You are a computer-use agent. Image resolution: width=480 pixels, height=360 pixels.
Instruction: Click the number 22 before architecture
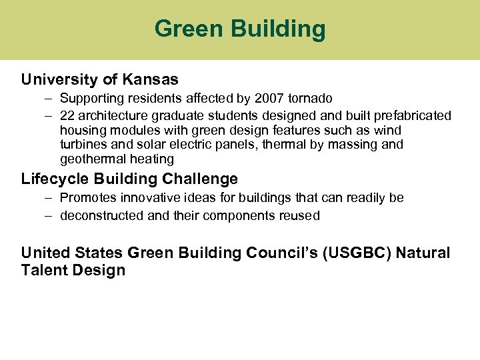[67, 115]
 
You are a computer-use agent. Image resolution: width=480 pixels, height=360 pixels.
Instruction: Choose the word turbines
[83, 145]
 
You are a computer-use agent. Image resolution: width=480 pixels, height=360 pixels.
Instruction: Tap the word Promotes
[86, 198]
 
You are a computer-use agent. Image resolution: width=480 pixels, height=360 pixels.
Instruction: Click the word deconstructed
[101, 215]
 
